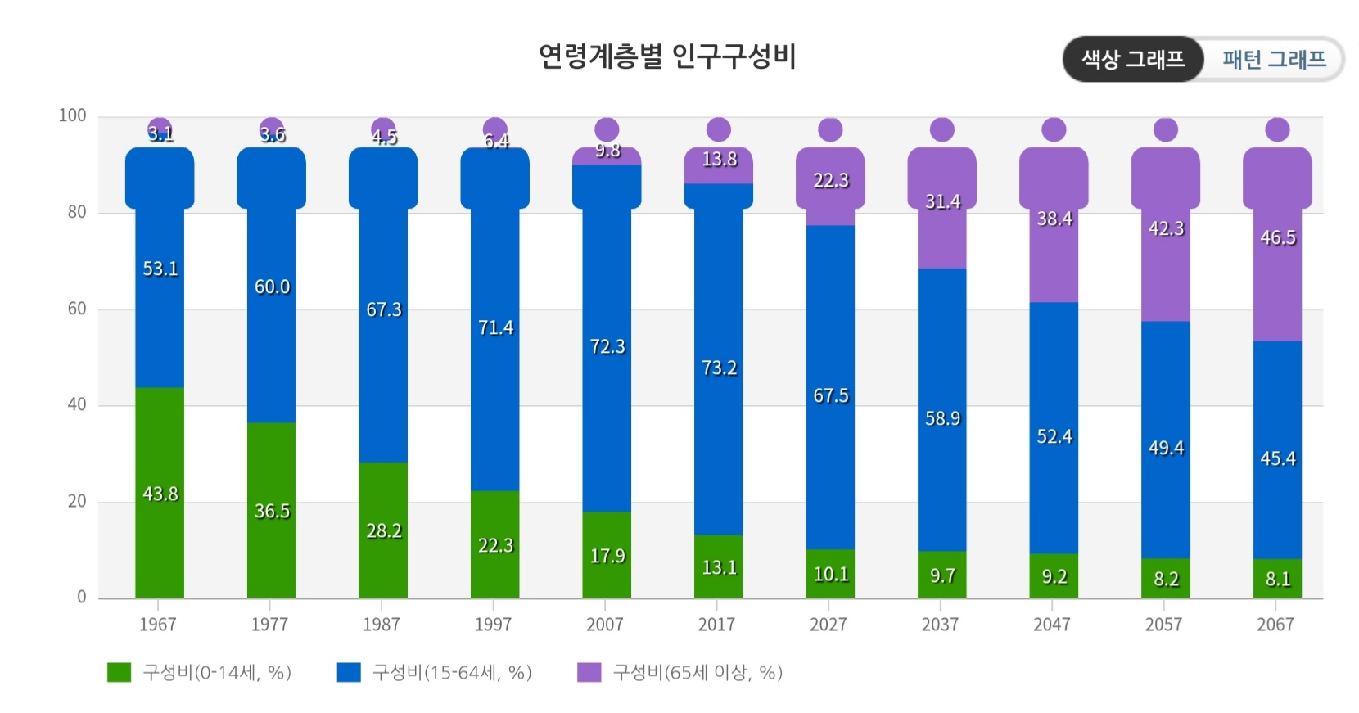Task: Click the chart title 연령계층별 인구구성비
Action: pos(666,56)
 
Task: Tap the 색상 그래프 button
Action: pos(1132,59)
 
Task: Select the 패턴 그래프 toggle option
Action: pos(1274,59)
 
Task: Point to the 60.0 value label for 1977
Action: pos(272,287)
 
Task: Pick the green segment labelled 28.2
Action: pos(383,530)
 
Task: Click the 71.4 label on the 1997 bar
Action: pos(495,327)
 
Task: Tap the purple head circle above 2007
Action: pos(607,129)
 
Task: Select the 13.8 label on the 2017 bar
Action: pos(719,159)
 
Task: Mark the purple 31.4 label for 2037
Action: pos(942,201)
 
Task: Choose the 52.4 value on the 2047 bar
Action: pos(1054,436)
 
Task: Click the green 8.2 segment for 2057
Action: pos(1166,579)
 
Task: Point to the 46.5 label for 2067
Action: pos(1277,237)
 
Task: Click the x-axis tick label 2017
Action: pos(716,625)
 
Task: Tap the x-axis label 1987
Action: pos(382,625)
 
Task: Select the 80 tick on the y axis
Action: pos(77,212)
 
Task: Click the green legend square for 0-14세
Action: pos(120,672)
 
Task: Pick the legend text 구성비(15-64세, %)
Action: pos(452,672)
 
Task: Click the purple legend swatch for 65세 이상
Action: pos(589,672)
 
